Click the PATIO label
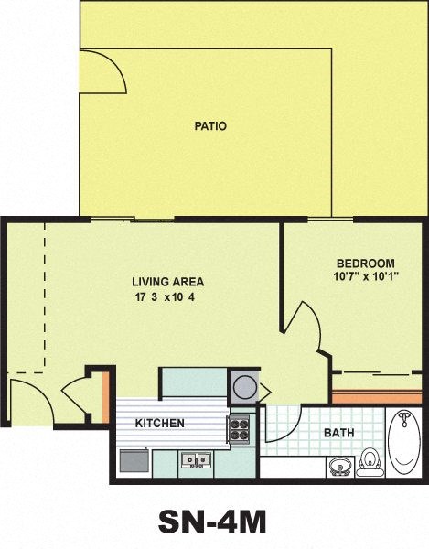coord(209,126)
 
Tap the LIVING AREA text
coord(167,282)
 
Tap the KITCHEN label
coord(160,424)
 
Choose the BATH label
coord(340,433)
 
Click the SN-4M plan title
coord(212,521)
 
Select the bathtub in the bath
coord(403,444)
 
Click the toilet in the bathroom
coord(370,460)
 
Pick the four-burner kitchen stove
coord(239,426)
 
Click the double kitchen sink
coord(197,459)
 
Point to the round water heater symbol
coord(245,386)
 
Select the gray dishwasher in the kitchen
coord(133,460)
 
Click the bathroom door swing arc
coord(282,425)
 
